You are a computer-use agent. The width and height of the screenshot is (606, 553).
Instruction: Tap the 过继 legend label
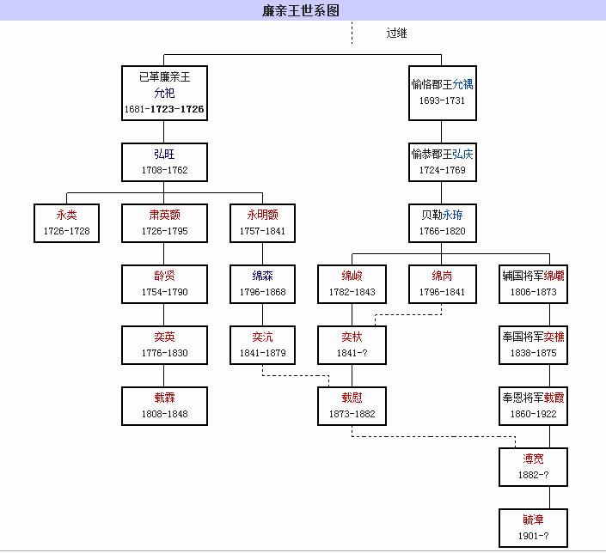396,33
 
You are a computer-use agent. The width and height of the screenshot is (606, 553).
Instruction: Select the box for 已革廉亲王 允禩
164,94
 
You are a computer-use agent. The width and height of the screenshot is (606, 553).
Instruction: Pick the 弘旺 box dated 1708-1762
164,161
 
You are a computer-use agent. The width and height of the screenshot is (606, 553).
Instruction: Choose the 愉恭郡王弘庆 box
442,161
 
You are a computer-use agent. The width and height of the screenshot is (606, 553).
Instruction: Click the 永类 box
66,222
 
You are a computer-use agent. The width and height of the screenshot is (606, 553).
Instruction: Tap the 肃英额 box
164,222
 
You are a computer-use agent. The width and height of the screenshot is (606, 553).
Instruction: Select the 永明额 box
262,222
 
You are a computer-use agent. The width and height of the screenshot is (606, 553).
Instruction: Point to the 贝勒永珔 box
442,222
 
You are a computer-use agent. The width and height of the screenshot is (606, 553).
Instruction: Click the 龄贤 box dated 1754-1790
164,283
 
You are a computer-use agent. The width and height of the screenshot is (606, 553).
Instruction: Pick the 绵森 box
262,283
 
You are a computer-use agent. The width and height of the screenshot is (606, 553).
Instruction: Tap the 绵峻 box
352,283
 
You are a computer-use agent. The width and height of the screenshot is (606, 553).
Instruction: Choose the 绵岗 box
442,283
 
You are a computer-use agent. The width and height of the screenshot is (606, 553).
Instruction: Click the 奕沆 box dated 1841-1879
262,344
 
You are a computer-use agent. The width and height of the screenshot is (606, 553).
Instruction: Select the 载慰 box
352,405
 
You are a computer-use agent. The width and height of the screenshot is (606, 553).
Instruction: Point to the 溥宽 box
532,466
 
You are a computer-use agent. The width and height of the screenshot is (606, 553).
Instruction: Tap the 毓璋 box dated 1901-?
532,527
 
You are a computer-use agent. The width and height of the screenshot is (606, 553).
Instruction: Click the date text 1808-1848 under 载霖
164,414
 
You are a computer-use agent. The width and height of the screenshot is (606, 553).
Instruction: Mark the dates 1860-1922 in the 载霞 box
532,414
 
